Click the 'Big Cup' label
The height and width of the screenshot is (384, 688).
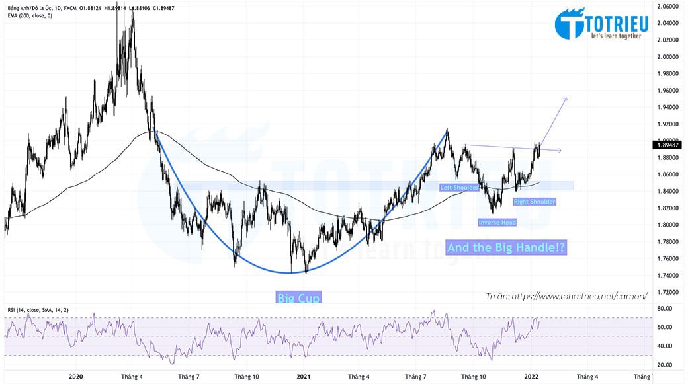tap(298, 298)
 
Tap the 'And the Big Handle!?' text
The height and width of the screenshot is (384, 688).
tap(506, 248)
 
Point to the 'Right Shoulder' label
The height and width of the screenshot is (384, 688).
tap(534, 202)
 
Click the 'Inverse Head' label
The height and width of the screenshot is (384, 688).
tap(497, 222)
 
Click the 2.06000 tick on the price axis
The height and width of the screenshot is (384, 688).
tap(668, 6)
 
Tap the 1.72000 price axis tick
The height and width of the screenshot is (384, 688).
tap(668, 291)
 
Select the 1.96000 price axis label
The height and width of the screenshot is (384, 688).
tap(668, 90)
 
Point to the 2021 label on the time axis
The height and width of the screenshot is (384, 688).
tap(303, 377)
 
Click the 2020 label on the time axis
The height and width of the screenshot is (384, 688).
tap(76, 377)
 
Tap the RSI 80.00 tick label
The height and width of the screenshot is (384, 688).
tap(666, 309)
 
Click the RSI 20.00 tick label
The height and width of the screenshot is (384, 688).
tap(666, 365)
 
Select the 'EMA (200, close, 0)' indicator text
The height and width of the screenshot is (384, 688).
tap(30, 15)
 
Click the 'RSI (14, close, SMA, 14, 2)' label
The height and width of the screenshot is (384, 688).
tap(37, 309)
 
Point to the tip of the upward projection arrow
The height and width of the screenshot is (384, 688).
tap(566, 98)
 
